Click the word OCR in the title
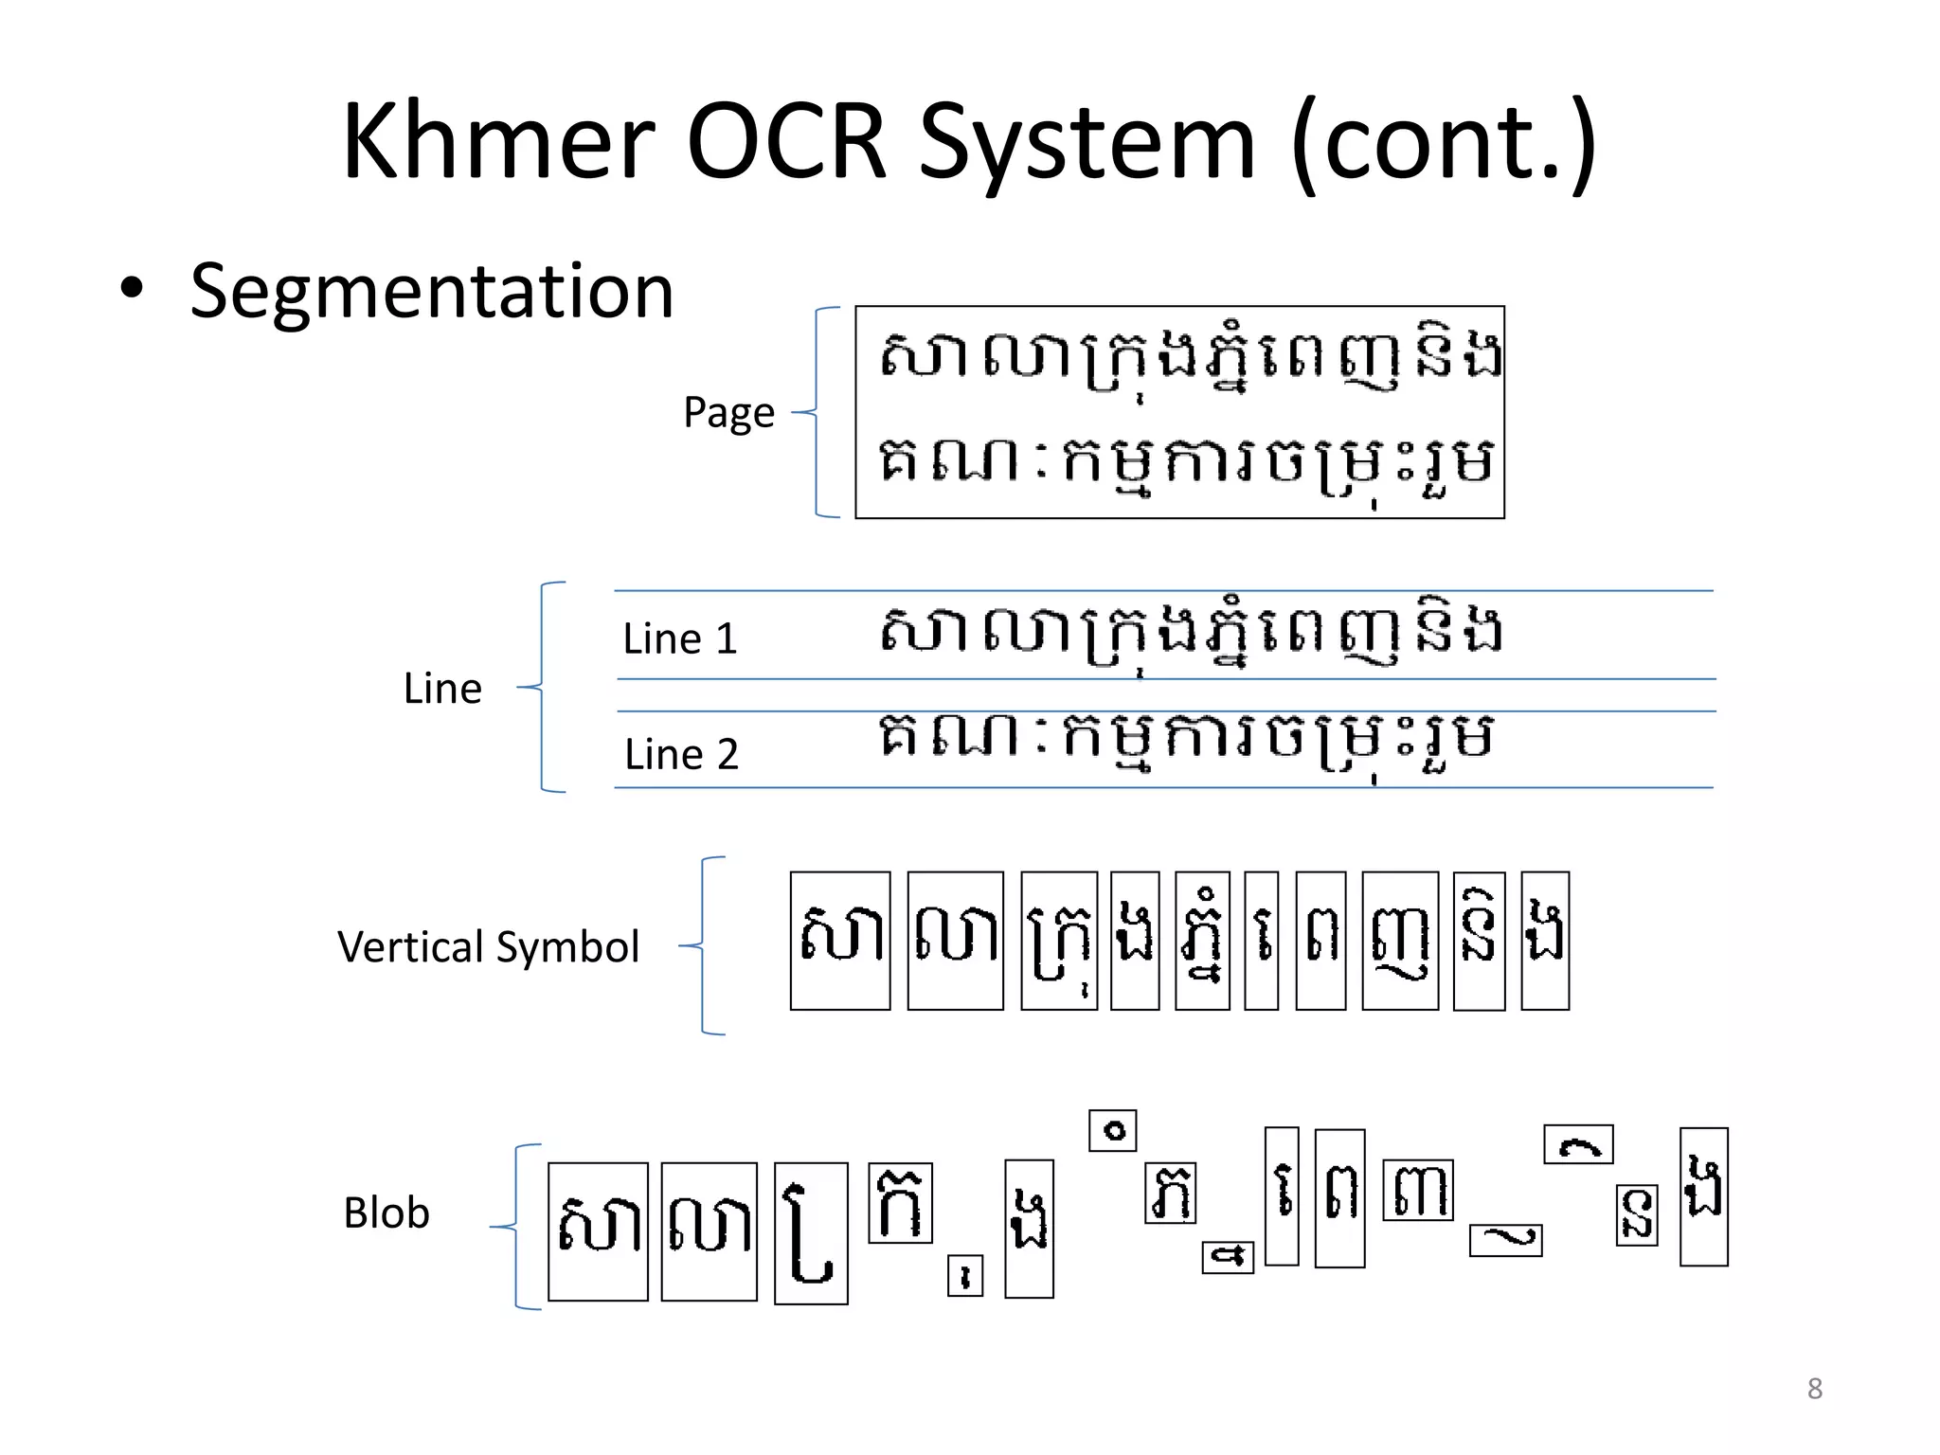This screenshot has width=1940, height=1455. (785, 142)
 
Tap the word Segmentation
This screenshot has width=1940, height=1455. (431, 291)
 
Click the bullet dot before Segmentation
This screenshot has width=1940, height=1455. (132, 289)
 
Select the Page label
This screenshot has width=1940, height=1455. (728, 413)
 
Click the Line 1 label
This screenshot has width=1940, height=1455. (680, 638)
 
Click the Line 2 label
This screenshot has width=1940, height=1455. (681, 755)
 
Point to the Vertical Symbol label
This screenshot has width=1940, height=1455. (488, 946)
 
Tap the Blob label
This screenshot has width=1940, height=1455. (386, 1212)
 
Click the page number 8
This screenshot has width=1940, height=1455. (1814, 1389)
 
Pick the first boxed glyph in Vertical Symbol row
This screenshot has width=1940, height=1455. (840, 941)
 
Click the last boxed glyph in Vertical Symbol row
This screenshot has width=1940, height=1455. (1545, 941)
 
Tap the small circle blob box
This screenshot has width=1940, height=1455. (1112, 1130)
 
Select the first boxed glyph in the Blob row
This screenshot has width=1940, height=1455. (598, 1231)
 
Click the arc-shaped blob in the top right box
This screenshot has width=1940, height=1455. (1578, 1145)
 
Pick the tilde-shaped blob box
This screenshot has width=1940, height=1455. (1505, 1240)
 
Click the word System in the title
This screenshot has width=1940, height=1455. (1087, 142)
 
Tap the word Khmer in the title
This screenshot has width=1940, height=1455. (498, 142)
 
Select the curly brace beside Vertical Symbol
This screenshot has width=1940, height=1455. (705, 945)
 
